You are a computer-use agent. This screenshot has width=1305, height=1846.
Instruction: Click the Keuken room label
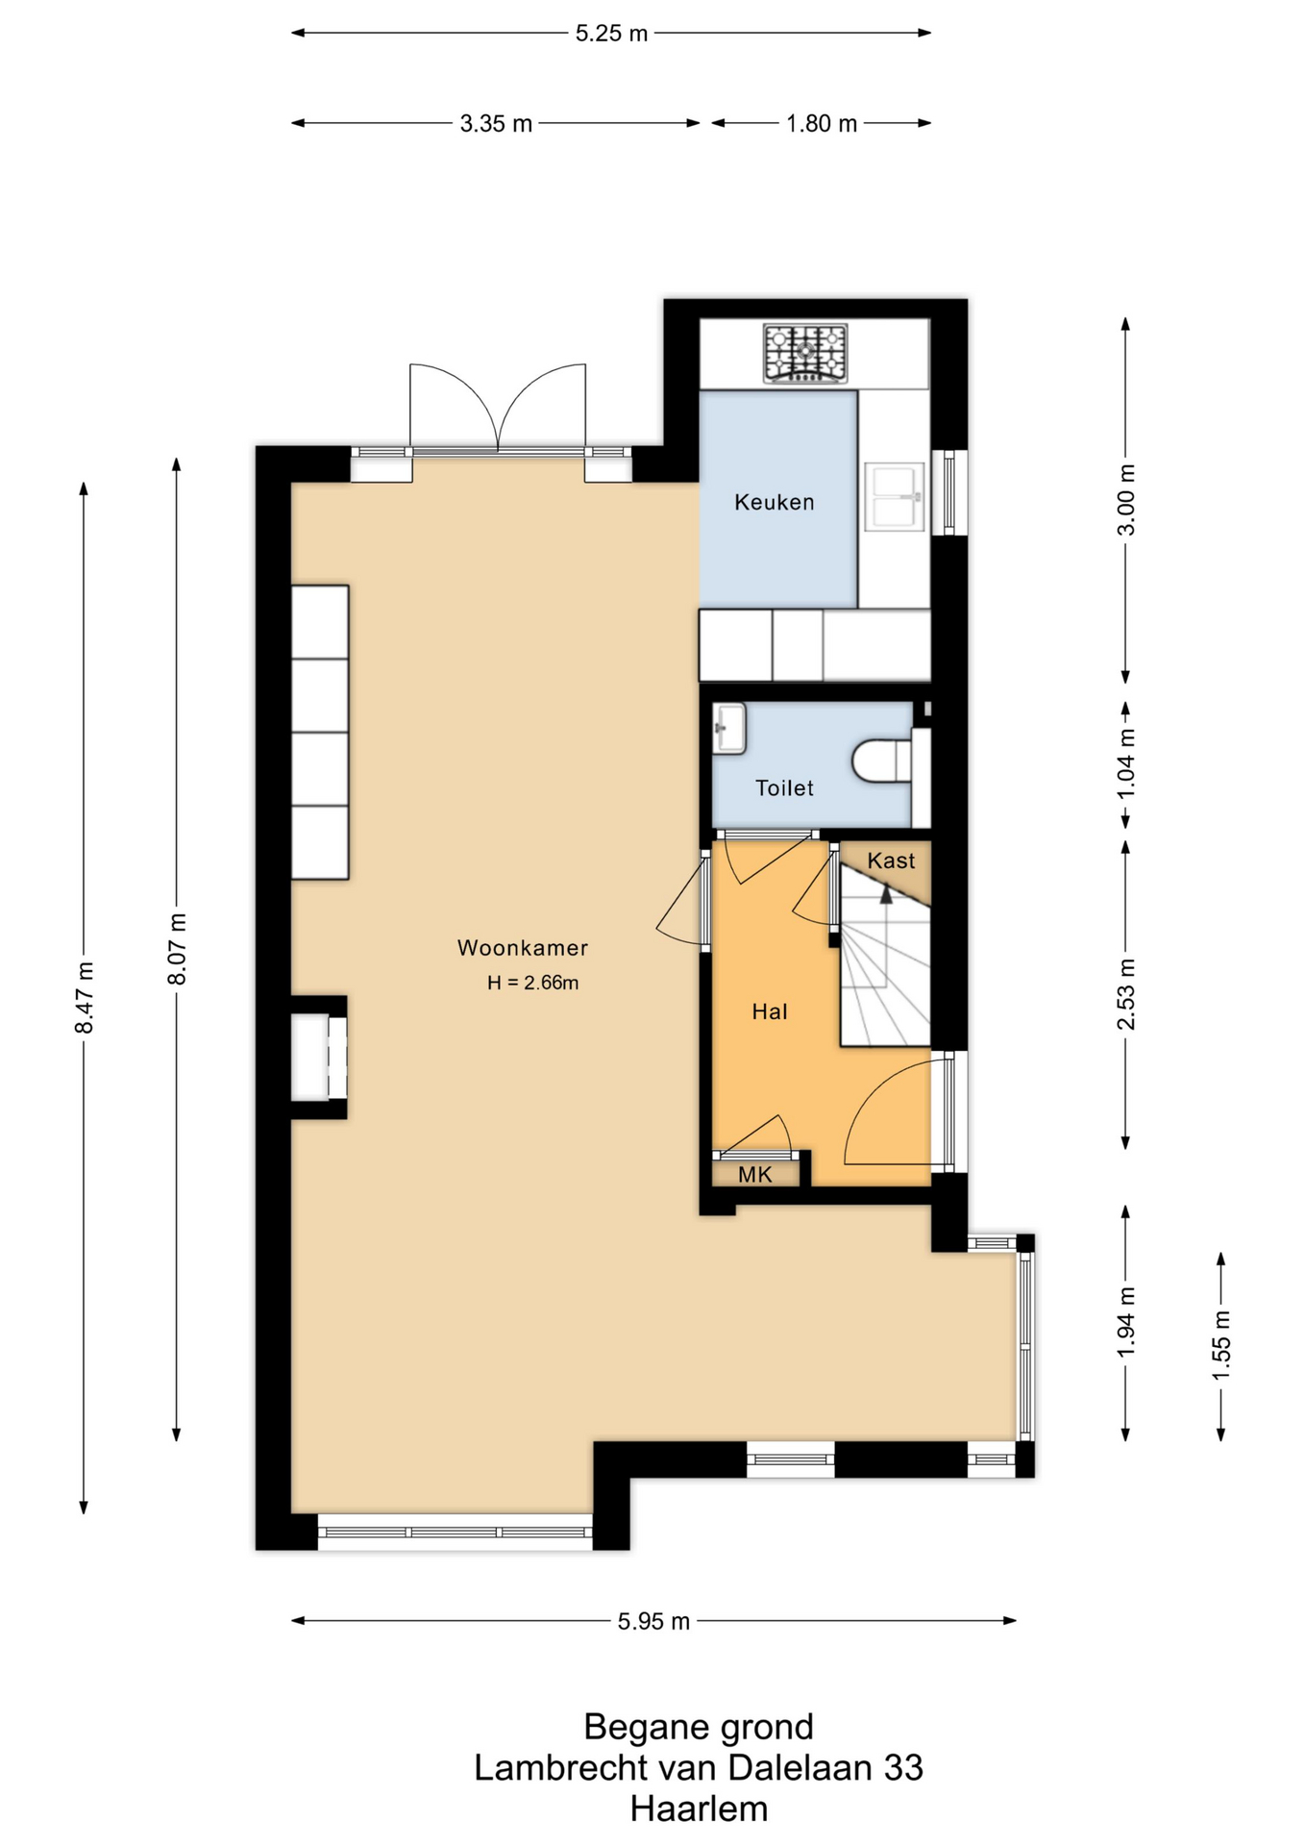[x=774, y=502]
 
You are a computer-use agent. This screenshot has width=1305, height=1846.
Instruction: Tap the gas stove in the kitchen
[x=805, y=353]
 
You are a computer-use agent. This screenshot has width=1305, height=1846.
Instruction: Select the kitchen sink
[x=895, y=497]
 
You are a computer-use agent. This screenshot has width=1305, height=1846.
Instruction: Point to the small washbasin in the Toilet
[x=729, y=728]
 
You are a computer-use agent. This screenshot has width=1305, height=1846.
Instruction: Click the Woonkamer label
[x=522, y=948]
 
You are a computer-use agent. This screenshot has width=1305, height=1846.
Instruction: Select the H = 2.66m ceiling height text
[x=532, y=983]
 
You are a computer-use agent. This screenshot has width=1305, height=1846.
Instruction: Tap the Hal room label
[x=770, y=1011]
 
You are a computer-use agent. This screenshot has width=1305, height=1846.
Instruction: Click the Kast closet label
[x=891, y=861]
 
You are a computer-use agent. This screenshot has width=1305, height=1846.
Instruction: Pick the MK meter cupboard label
[x=755, y=1174]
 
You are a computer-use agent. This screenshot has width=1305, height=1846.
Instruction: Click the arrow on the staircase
[x=886, y=895]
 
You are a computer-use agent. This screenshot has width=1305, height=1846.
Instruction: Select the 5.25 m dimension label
[x=611, y=34]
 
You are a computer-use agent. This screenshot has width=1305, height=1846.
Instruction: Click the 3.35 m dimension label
[x=496, y=124]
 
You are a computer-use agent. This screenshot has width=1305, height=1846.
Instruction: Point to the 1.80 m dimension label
[x=821, y=124]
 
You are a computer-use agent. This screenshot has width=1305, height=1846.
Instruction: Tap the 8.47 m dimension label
[x=85, y=997]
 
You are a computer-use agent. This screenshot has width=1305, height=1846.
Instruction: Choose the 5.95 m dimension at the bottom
[x=653, y=1622]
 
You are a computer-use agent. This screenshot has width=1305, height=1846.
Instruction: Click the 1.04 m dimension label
[x=1126, y=763]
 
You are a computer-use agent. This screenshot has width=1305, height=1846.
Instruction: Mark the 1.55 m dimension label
[x=1221, y=1345]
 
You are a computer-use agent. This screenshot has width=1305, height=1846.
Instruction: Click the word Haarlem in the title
[x=699, y=1809]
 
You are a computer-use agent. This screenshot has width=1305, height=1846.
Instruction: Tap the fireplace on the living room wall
[x=318, y=1058]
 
